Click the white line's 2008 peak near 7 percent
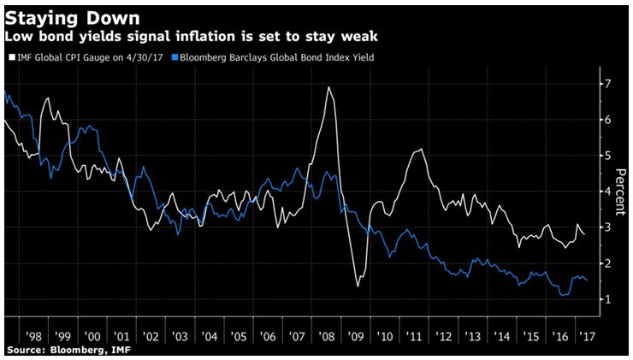329,87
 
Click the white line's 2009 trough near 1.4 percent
358,285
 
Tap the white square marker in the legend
9,56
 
